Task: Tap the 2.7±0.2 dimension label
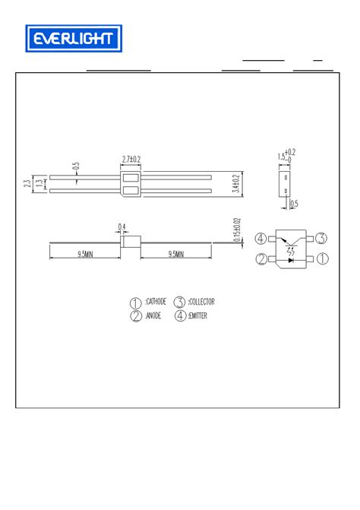coord(132,160)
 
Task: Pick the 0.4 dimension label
coord(122,226)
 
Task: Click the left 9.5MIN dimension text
coord(84,255)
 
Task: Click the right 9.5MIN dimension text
coord(175,255)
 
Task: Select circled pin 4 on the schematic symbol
coord(261,239)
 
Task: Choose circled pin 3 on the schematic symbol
coord(321,239)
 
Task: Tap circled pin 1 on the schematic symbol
coord(321,259)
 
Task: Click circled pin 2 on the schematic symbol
coord(261,259)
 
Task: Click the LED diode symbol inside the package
coord(292,259)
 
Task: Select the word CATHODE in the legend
coord(155,302)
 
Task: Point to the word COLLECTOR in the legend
coord(201,302)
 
